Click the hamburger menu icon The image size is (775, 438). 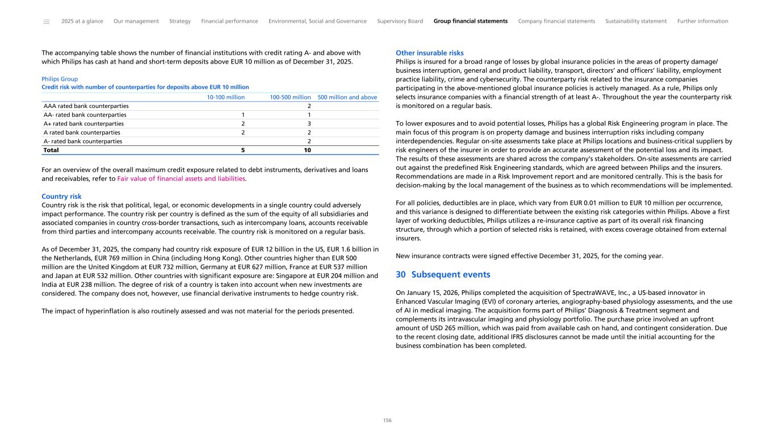pyautogui.click(x=46, y=22)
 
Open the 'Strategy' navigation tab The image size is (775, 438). pyautogui.click(x=180, y=22)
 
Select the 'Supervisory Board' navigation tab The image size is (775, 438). pyautogui.click(x=400, y=22)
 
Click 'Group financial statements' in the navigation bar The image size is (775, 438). pyautogui.click(x=470, y=22)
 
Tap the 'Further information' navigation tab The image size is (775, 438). pyautogui.click(x=702, y=22)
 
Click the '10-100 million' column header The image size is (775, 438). pyautogui.click(x=225, y=97)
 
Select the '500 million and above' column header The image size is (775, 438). pyautogui.click(x=347, y=97)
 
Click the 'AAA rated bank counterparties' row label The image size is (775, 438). pyautogui.click(x=86, y=106)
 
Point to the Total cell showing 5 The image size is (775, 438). pyautogui.click(x=243, y=151)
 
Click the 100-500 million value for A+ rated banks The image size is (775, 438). pyautogui.click(x=309, y=124)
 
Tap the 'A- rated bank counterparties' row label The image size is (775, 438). pyautogui.click(x=83, y=141)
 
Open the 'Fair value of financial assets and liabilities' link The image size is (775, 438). pyautogui.click(x=181, y=179)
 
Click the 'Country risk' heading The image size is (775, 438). pyautogui.click(x=61, y=197)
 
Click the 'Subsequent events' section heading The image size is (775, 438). pyautogui.click(x=450, y=275)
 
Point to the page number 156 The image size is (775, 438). pyautogui.click(x=387, y=421)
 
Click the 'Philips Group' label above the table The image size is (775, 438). pyautogui.click(x=60, y=79)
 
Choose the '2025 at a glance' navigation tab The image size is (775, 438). pyautogui.click(x=82, y=22)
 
